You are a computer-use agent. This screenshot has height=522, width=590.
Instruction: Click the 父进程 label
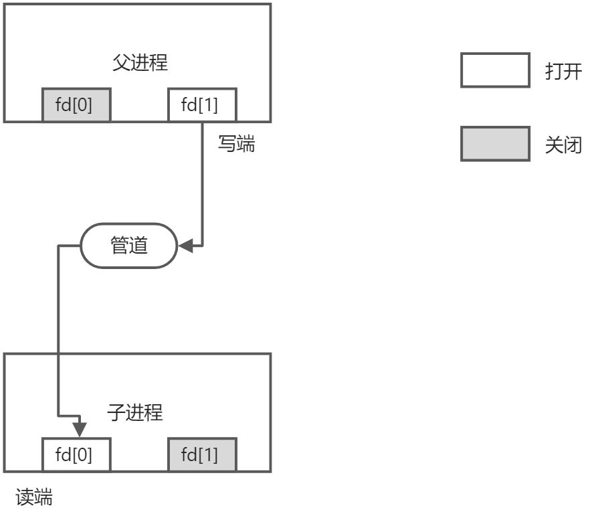(x=139, y=64)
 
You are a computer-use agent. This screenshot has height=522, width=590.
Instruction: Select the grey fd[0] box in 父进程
(x=76, y=105)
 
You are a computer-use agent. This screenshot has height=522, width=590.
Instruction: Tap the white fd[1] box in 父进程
(x=201, y=105)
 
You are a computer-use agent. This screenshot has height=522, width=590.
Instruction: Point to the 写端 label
(x=237, y=144)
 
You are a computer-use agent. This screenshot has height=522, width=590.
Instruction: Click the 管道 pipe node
(x=129, y=246)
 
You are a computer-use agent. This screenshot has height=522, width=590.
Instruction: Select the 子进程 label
(x=135, y=412)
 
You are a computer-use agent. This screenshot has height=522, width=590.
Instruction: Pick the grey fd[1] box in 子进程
(x=201, y=455)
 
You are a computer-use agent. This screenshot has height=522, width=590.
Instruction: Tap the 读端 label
(x=33, y=498)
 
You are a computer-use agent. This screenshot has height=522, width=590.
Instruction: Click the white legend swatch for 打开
(x=495, y=71)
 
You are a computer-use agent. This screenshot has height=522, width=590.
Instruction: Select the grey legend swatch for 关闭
(x=495, y=144)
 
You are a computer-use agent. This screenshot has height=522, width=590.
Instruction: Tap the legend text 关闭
(x=563, y=145)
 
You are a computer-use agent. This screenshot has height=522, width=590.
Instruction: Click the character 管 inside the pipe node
(x=120, y=246)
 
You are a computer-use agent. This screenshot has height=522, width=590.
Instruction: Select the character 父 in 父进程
(x=121, y=64)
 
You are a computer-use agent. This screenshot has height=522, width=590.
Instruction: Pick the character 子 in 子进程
(x=116, y=412)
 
